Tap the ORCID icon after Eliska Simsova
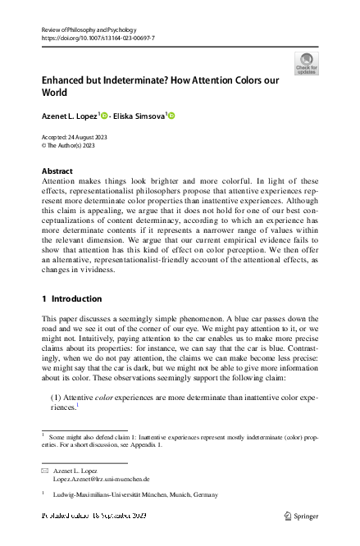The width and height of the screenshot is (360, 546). [172, 116]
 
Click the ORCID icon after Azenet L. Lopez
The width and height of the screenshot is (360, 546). [105, 116]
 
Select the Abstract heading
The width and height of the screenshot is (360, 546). [57, 171]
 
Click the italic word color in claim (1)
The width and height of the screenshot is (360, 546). [103, 396]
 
